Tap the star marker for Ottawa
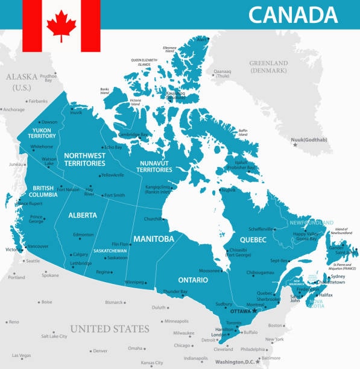[255, 311]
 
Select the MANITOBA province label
[153, 239]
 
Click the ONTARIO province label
[192, 280]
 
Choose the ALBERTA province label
[83, 215]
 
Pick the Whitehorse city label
[42, 147]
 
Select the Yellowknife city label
[112, 175]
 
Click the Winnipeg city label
[134, 282]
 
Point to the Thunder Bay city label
[176, 292]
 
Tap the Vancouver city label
[38, 246]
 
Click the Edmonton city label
[83, 235]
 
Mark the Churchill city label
[153, 219]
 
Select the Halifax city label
[326, 295]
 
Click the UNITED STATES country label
[109, 329]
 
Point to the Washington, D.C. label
[238, 362]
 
